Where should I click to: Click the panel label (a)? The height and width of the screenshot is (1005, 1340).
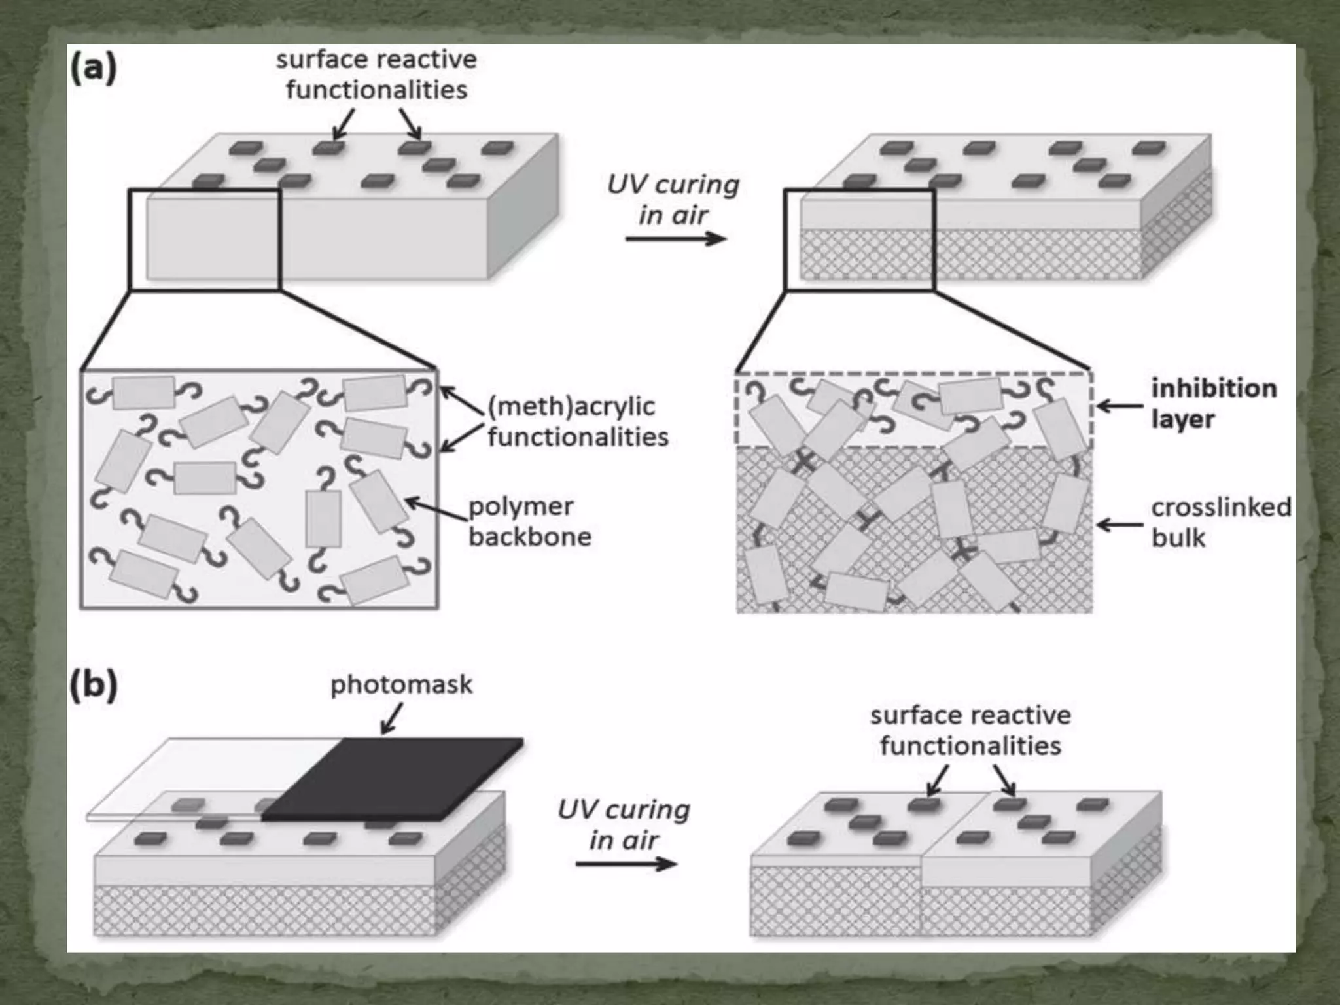pyautogui.click(x=93, y=68)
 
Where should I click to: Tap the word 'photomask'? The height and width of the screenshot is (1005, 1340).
pyautogui.click(x=401, y=685)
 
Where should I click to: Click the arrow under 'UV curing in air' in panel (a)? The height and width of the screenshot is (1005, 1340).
pyautogui.click(x=675, y=239)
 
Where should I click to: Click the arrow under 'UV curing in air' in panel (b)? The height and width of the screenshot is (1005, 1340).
pyautogui.click(x=626, y=864)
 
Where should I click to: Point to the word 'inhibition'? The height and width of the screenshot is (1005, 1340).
pyautogui.click(x=1214, y=389)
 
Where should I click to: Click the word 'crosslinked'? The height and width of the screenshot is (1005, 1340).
pyautogui.click(x=1221, y=507)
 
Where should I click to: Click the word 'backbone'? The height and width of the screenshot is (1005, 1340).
pyautogui.click(x=530, y=537)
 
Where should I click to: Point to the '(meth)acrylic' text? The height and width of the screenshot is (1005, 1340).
pyautogui.click(x=571, y=406)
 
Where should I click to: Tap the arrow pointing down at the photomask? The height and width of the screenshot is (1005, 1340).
pyautogui.click(x=391, y=721)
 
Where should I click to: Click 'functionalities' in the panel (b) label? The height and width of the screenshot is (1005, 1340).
pyautogui.click(x=970, y=746)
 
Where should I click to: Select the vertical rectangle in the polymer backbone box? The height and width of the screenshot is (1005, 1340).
pyautogui.click(x=323, y=518)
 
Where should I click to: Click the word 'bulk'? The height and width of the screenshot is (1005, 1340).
pyautogui.click(x=1178, y=538)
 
